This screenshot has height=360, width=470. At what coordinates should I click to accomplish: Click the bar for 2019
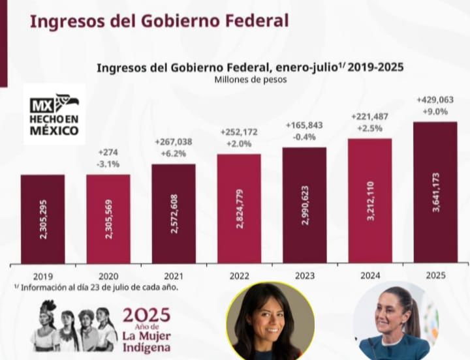pyautogui.click(x=42, y=219)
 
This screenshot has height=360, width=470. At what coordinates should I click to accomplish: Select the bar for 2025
pyautogui.click(x=435, y=193)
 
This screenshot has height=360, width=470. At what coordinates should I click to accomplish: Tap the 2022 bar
pyautogui.click(x=239, y=209)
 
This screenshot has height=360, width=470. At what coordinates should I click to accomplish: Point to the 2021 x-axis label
pyautogui.click(x=173, y=276)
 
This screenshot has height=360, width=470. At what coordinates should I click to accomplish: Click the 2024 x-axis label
pyautogui.click(x=369, y=276)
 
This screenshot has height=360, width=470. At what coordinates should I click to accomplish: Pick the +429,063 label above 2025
pyautogui.click(x=435, y=100)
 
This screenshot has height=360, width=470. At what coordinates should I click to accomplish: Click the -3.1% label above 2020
pyautogui.click(x=108, y=164)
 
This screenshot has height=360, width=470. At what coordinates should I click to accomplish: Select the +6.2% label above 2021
pyautogui.click(x=173, y=153)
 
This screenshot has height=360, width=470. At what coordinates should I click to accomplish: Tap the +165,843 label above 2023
pyautogui.click(x=304, y=125)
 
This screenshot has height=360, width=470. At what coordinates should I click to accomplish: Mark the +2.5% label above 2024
pyautogui.click(x=369, y=128)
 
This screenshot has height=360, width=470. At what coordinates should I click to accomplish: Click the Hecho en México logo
pyautogui.click(x=54, y=114)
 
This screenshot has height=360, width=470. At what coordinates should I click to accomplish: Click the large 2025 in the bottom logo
pyautogui.click(x=146, y=315)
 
